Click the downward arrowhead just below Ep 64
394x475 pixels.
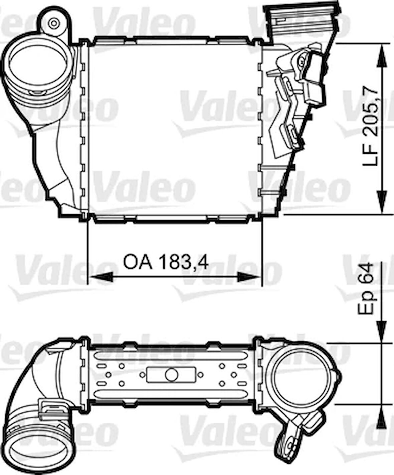pos(381,331)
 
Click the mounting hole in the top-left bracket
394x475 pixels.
pos(53,23)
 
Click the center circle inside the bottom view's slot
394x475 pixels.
pos(171,375)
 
